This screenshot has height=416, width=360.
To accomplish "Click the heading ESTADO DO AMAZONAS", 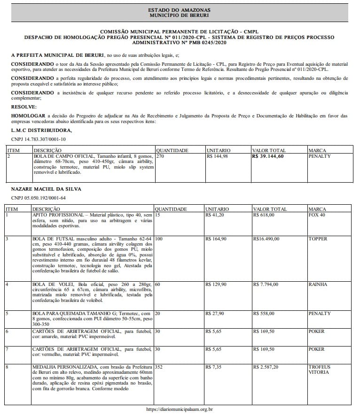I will click(x=180, y=9).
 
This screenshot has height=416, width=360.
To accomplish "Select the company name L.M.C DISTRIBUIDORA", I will click(x=41, y=130).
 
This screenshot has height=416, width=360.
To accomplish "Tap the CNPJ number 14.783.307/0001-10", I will click(x=39, y=139).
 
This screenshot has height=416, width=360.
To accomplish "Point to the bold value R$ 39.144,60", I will click(x=268, y=156).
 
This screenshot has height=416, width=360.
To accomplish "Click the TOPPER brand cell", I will click(x=318, y=239).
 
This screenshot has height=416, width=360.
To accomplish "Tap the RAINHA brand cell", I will click(x=318, y=285).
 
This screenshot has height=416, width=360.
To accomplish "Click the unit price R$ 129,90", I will click(x=217, y=285).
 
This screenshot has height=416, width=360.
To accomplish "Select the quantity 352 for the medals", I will click(x=159, y=367).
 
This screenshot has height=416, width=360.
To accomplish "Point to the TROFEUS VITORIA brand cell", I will click(x=320, y=370).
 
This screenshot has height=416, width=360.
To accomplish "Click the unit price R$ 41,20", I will click(x=215, y=215).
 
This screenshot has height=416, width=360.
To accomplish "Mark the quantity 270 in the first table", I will click(x=160, y=156).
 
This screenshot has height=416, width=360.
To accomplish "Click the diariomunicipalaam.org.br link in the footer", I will click(x=180, y=409).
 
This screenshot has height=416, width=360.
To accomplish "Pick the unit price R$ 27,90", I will click(x=215, y=313).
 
